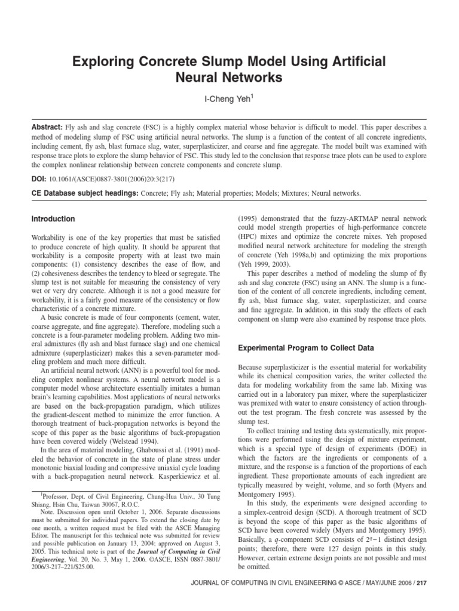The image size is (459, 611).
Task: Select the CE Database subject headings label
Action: point(85,193)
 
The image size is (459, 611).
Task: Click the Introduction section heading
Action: point(53,219)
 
